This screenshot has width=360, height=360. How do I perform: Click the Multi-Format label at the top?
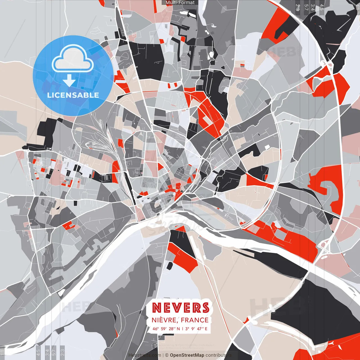pyautogui.click(x=180, y=3)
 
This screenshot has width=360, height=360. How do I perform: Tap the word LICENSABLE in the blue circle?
pyautogui.click(x=73, y=95)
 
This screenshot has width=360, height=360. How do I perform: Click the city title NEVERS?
pyautogui.click(x=181, y=308)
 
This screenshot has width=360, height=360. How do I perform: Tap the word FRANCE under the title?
pyautogui.click(x=195, y=320)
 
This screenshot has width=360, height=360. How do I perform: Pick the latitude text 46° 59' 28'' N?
pyautogui.click(x=166, y=328)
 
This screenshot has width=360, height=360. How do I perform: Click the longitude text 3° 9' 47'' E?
pyautogui.click(x=196, y=328)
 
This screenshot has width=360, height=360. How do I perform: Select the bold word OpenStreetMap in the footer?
pyautogui.click(x=187, y=355)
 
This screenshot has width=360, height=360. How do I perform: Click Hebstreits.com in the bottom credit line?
pyautogui.click(x=145, y=355)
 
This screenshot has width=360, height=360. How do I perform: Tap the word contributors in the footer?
pyautogui.click(x=218, y=355)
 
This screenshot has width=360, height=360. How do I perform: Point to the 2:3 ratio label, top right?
pyautogui.click(x=298, y=7)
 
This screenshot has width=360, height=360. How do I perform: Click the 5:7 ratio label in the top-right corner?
pyautogui.click(x=306, y=7)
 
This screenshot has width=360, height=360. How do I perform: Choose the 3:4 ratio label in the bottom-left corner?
pyautogui.click(x=47, y=352)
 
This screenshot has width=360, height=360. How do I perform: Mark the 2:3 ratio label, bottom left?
pyautogui.click(x=62, y=352)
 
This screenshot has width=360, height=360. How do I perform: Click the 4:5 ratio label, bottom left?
pyautogui.click(x=38, y=352)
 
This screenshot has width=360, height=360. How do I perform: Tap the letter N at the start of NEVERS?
pyautogui.click(x=156, y=308)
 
